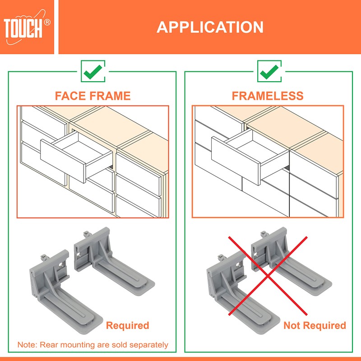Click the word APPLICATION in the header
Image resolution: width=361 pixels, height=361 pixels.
[210, 27]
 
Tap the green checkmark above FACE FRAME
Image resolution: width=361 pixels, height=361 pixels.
[93, 71]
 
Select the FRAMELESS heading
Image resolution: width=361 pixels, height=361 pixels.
[268, 96]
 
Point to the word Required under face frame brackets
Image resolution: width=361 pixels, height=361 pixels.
[127, 325]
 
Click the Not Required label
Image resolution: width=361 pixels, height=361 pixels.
[315, 325]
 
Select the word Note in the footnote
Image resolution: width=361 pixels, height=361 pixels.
[27, 345]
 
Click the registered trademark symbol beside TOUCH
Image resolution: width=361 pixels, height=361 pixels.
[47, 22]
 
